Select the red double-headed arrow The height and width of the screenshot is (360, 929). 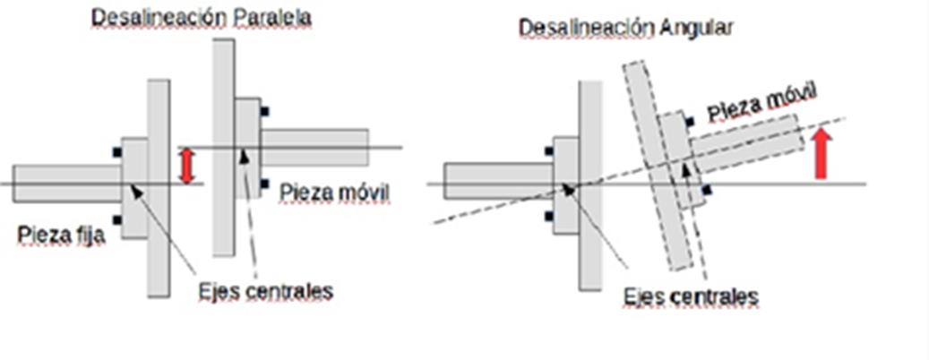tap(186, 167)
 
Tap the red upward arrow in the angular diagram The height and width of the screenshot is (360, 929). tap(821, 153)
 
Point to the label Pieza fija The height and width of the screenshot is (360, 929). tap(60, 236)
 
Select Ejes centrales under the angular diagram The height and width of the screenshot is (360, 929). tap(692, 296)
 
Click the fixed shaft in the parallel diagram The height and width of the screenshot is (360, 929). tap(66, 183)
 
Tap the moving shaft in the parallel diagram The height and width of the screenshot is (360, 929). tap(314, 148)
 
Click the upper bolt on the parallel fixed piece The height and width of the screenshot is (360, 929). tap(117, 152)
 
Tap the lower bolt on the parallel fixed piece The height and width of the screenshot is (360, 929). tap(117, 219)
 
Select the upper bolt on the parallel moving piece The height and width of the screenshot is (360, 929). tap(264, 112)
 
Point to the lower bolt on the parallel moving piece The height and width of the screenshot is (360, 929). tap(264, 184)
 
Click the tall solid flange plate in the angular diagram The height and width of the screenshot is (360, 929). tap(590, 184)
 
